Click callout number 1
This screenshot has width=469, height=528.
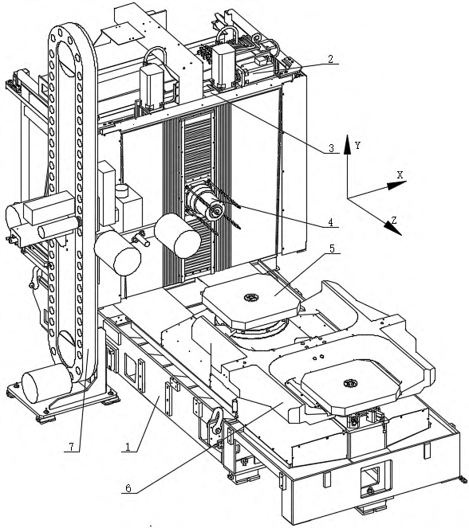pos(128,447)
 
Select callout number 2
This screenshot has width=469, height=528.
pos(330,59)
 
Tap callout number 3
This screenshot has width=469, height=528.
pos(331,148)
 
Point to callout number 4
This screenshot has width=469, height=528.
pos(331,222)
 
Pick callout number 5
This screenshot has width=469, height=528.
pos(332,248)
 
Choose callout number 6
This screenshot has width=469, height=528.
pos(128,488)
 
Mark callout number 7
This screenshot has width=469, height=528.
pos(71,447)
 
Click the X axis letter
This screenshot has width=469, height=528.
pos(400,174)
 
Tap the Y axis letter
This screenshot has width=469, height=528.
pos(358,146)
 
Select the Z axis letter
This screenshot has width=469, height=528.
pos(393,221)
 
